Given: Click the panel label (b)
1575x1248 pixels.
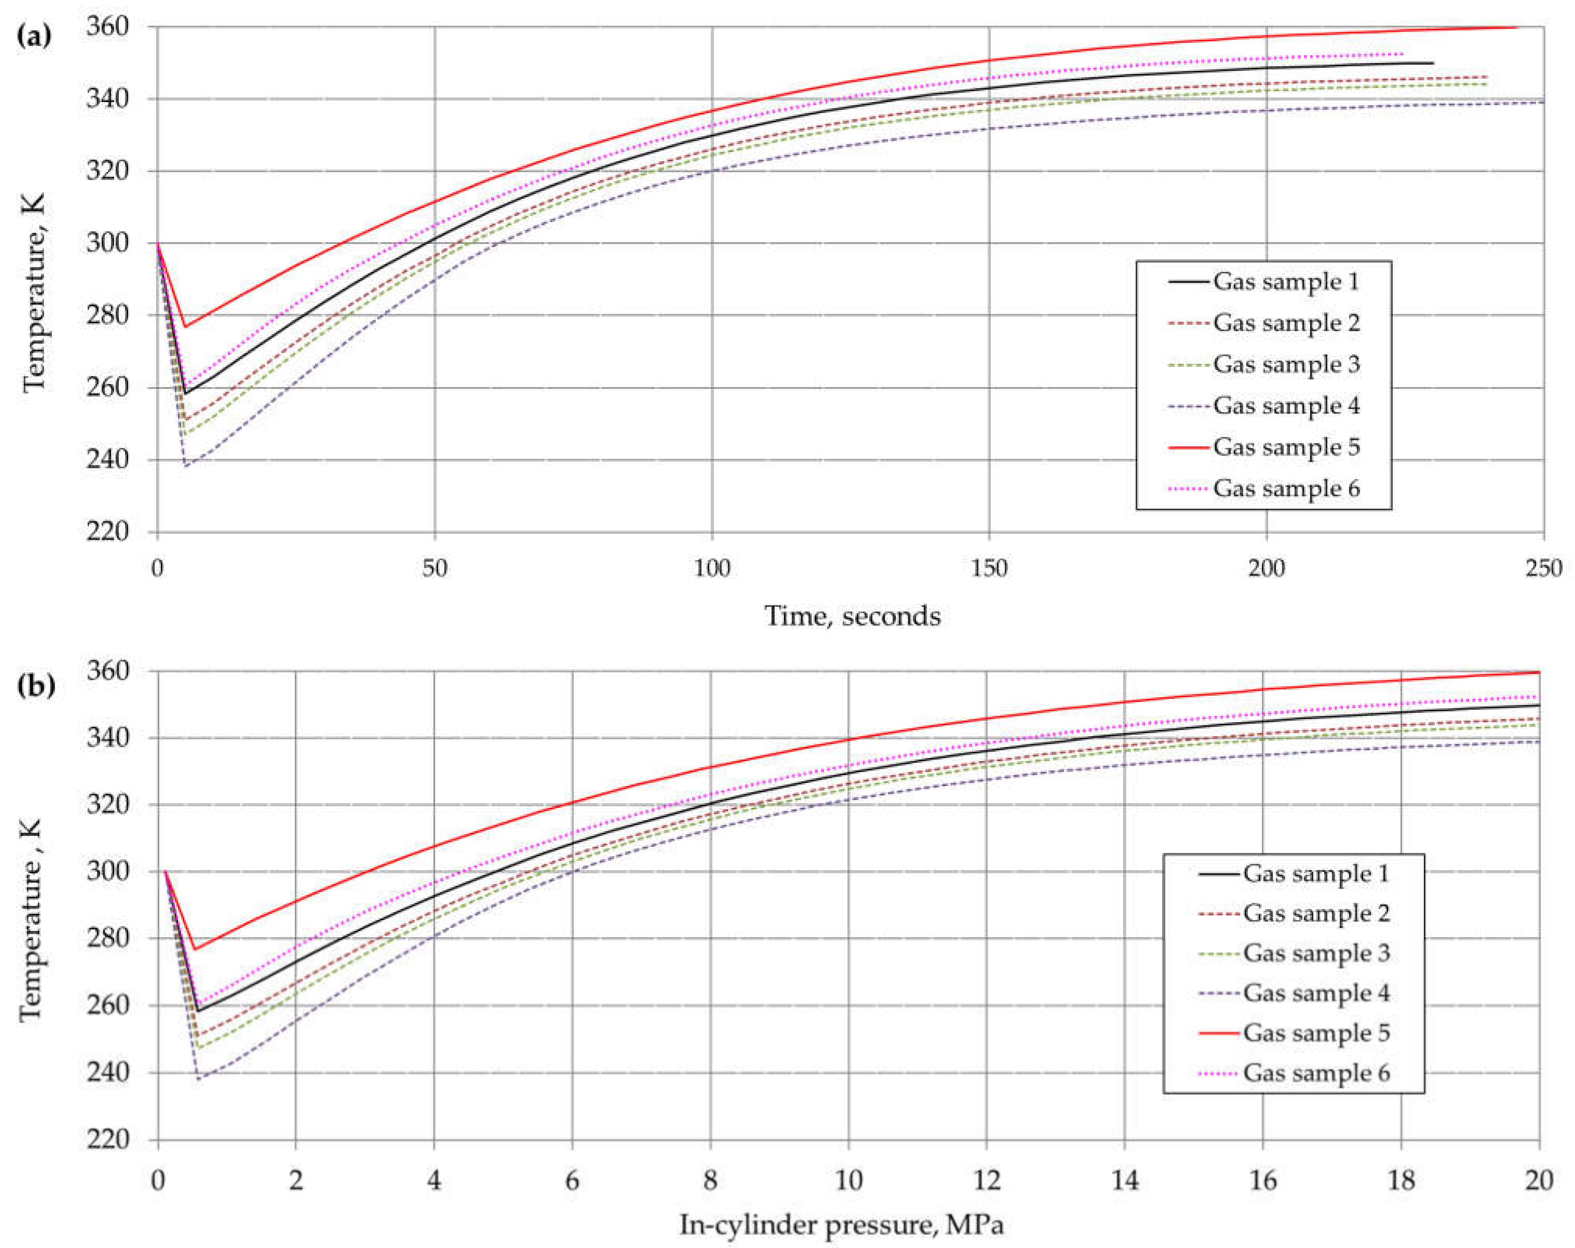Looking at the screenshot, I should pyautogui.click(x=35, y=686).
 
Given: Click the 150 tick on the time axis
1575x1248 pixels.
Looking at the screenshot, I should pyautogui.click(x=989, y=568).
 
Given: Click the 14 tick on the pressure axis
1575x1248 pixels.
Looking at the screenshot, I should pyautogui.click(x=1125, y=1180).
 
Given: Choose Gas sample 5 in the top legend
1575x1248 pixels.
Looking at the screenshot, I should pyautogui.click(x=1286, y=447).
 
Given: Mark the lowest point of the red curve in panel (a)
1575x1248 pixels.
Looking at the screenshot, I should pyautogui.click(x=185, y=327).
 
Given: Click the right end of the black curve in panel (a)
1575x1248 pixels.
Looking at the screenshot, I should pyautogui.click(x=1432, y=63).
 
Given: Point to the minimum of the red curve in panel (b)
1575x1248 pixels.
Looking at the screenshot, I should pyautogui.click(x=194, y=949).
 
